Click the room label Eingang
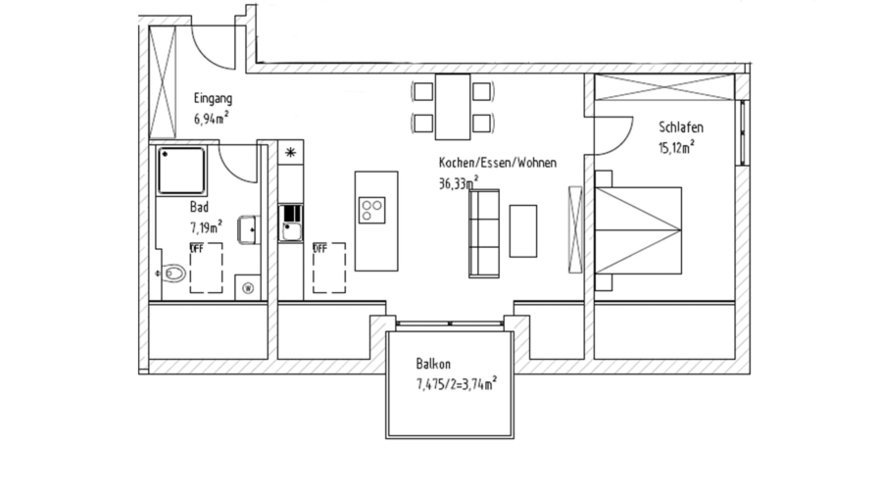(x=213, y=99)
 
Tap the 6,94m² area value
(x=212, y=119)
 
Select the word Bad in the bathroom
(x=198, y=208)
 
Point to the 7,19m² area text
(x=206, y=226)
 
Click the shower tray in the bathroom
(x=181, y=171)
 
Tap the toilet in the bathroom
(x=173, y=273)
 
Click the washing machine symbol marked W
(x=247, y=287)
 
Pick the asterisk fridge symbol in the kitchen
(x=291, y=152)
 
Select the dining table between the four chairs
(x=452, y=108)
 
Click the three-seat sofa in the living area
(x=484, y=232)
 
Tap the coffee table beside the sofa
(x=523, y=230)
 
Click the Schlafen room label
(x=680, y=127)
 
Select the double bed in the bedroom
(x=638, y=230)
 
